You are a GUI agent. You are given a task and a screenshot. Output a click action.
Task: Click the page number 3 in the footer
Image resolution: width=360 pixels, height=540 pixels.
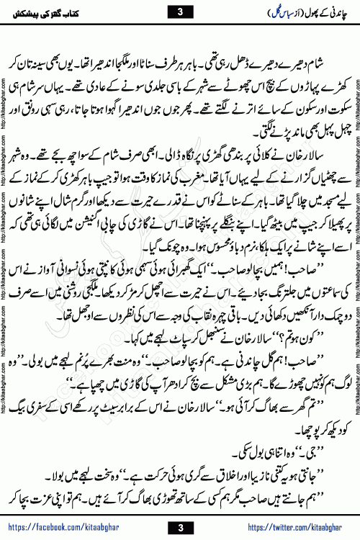pos(179,528)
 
